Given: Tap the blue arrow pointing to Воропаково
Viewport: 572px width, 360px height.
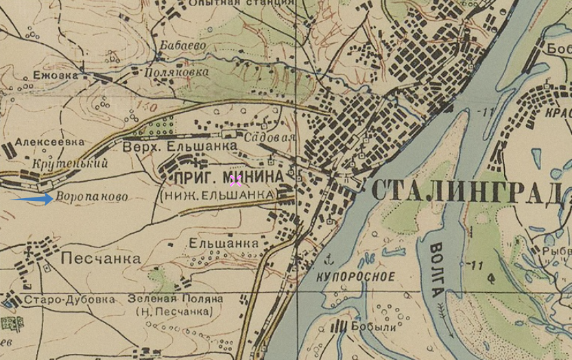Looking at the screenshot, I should [33, 199].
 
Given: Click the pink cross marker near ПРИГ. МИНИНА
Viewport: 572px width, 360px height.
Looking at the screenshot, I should [235, 180].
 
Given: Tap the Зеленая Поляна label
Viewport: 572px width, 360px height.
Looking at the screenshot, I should [171, 299].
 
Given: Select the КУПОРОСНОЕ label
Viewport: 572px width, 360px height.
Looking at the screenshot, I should [357, 277].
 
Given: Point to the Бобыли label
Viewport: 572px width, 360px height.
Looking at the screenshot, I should [374, 328].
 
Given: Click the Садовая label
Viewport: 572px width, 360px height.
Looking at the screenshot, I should [274, 137].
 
